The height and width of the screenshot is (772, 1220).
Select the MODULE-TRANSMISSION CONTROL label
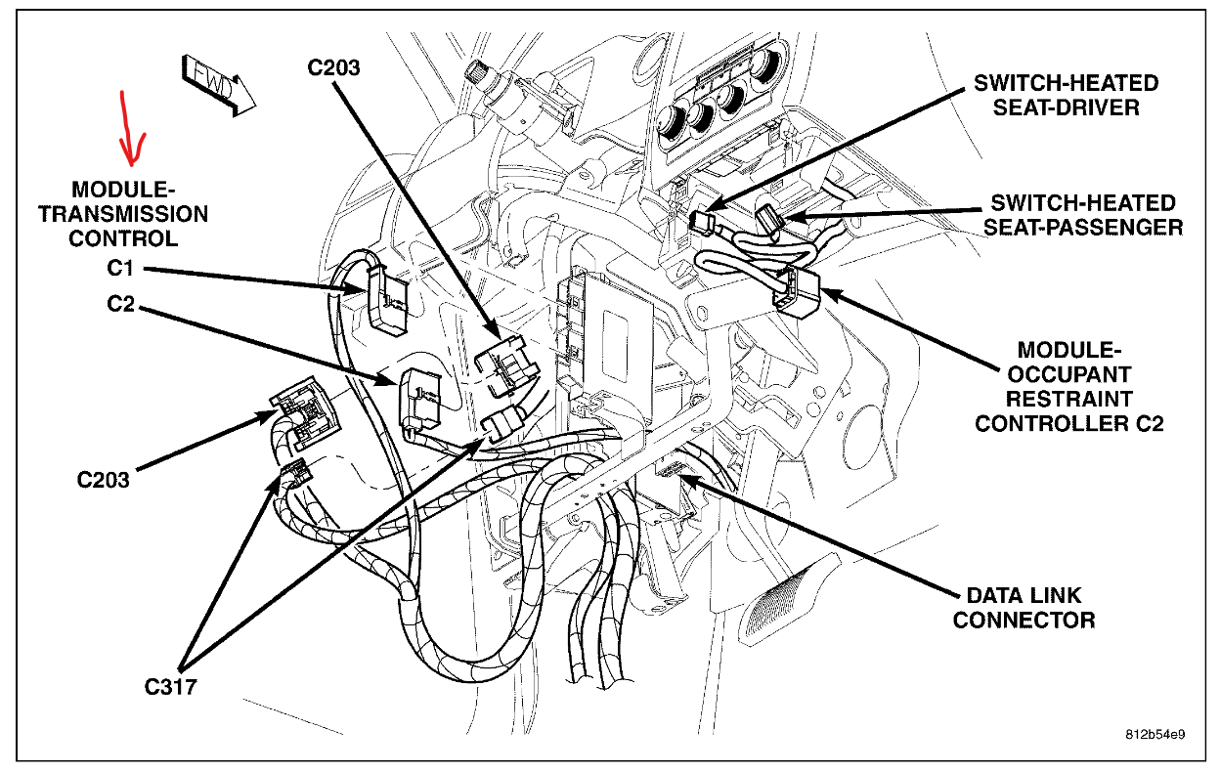(123, 213)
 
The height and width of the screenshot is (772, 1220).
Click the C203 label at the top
(333, 67)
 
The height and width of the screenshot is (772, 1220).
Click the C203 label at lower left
(104, 480)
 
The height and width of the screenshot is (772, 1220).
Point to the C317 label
(171, 687)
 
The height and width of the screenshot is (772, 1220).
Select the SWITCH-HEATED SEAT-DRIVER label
(1067, 95)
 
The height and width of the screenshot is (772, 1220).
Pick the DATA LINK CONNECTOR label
(1024, 607)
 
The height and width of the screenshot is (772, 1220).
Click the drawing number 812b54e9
(1154, 734)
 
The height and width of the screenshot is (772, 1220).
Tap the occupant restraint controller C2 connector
(797, 288)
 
